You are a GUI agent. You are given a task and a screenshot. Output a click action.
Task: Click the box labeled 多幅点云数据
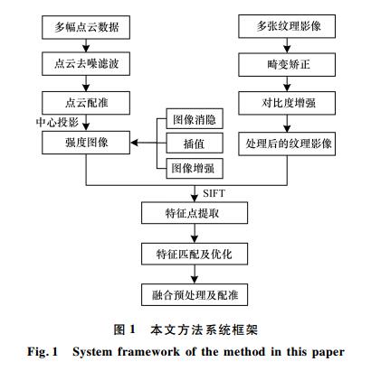[x=86, y=27]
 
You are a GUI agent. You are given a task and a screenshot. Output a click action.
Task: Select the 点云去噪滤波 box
[x=86, y=63]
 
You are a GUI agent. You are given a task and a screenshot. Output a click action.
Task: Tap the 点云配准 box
[x=86, y=103]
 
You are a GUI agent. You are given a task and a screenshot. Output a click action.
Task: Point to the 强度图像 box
[x=86, y=143]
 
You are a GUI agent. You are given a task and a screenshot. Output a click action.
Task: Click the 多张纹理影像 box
[x=287, y=26]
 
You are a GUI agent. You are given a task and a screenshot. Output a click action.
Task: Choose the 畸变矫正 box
[x=287, y=65]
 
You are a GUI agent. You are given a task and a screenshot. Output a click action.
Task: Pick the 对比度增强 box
[x=287, y=103]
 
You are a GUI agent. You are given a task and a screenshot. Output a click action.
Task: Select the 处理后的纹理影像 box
[x=287, y=144]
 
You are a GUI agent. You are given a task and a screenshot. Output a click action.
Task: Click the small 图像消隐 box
[x=195, y=119]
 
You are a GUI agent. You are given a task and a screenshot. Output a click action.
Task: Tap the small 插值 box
[x=195, y=144]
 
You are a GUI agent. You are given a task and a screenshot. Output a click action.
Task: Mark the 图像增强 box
[x=195, y=168]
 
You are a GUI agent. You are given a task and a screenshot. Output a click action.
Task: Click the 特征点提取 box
[x=195, y=213]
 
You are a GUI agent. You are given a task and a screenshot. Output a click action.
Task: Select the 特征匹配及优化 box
[x=195, y=254]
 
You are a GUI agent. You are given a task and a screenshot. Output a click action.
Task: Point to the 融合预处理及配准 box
[x=195, y=294]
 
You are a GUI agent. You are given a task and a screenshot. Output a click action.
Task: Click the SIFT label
[x=214, y=193]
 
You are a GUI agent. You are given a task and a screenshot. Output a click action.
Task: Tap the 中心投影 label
[x=57, y=123]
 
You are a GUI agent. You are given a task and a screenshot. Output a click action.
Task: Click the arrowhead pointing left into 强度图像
[x=134, y=143]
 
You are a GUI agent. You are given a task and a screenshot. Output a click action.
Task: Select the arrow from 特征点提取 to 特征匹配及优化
[x=195, y=233]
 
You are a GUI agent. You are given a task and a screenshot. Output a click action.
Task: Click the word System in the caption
[x=92, y=352]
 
